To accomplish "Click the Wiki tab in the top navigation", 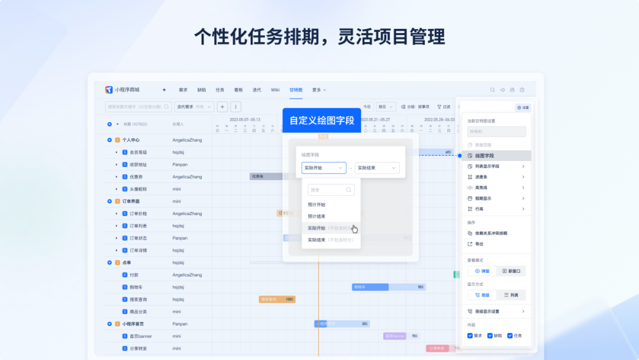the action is [x=275, y=90].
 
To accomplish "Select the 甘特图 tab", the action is [x=296, y=90].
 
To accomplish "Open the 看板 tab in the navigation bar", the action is [x=238, y=90].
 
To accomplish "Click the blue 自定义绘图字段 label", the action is [x=321, y=120].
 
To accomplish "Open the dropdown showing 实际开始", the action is [x=324, y=168].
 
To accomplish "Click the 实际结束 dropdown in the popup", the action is [x=377, y=168].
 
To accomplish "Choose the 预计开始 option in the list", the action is [x=317, y=204].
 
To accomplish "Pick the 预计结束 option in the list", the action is [x=317, y=216].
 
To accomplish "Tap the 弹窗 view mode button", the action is [x=482, y=271].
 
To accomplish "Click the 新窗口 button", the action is [x=511, y=271].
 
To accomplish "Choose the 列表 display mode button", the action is [x=511, y=295].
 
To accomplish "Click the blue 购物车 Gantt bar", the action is [x=370, y=287].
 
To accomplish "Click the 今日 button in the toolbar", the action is [x=367, y=107].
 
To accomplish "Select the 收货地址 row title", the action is [x=138, y=165].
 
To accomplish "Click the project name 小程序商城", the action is [x=127, y=90].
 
